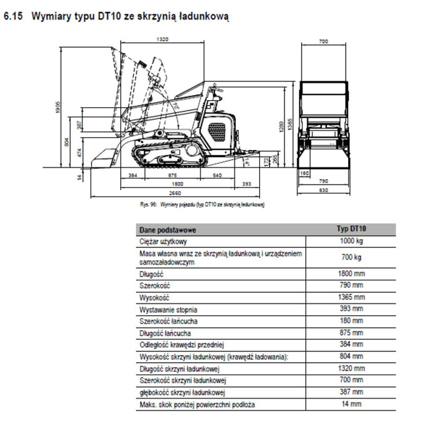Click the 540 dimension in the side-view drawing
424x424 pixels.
217,175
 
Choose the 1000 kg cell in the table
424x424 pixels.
351,241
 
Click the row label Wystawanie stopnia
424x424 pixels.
165,309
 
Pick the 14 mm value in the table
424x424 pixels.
351,404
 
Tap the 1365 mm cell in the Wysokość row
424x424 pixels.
351,297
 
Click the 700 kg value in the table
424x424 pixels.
351,258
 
